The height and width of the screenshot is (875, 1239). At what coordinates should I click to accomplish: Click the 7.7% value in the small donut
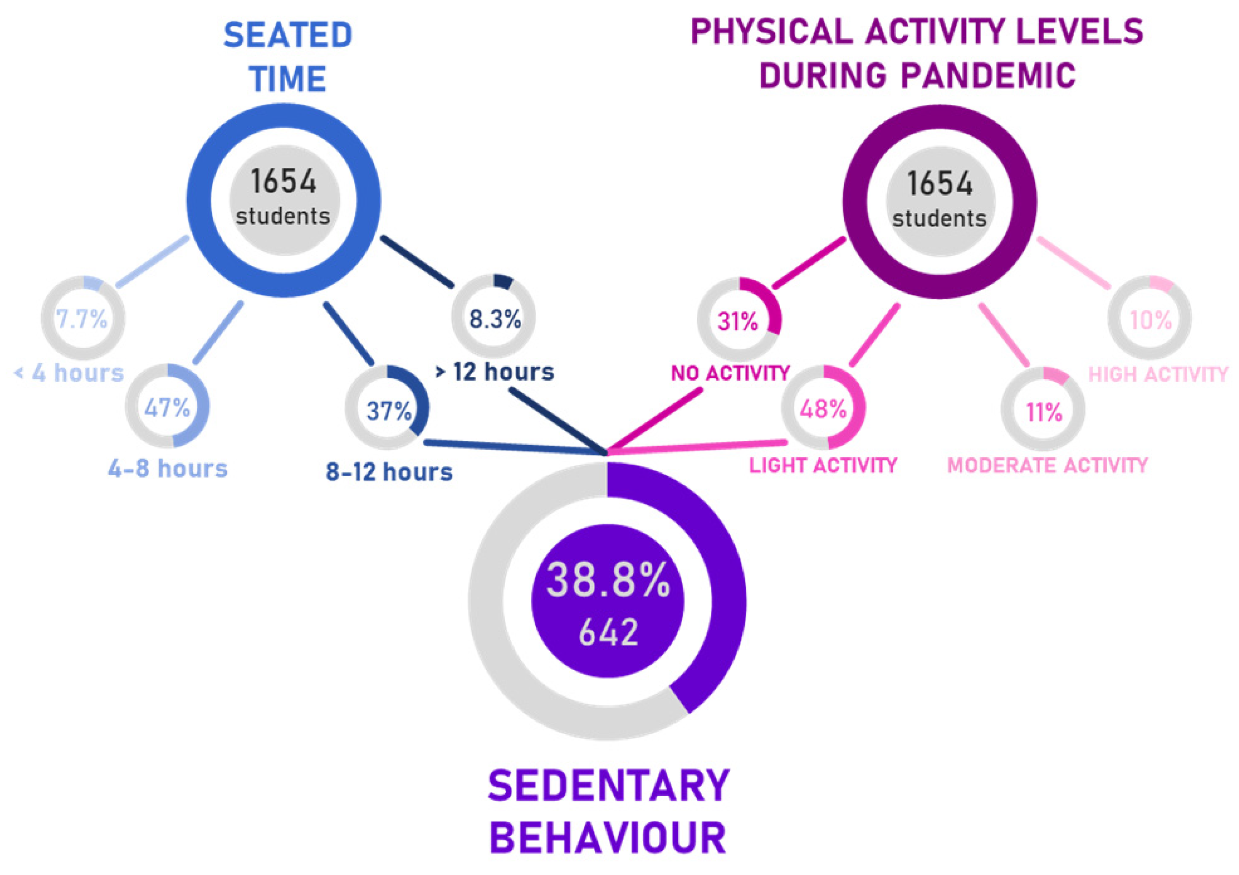click(82, 319)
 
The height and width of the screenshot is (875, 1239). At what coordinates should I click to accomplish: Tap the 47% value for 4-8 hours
click(167, 408)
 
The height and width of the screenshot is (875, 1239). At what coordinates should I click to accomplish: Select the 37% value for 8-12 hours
click(388, 411)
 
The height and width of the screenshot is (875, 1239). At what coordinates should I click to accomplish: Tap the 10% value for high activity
click(1151, 321)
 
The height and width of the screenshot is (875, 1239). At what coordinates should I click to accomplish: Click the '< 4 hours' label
click(69, 373)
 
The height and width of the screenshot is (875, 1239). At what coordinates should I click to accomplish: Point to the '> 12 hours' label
click(494, 372)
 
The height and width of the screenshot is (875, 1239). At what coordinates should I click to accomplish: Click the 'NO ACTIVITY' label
click(730, 373)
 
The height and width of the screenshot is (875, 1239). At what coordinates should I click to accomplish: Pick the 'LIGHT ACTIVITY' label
click(823, 465)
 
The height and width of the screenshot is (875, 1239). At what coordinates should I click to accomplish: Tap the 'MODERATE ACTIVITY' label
click(1047, 465)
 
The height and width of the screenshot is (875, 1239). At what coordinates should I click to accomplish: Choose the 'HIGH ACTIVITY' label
click(1158, 375)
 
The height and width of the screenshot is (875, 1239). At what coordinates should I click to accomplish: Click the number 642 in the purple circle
click(608, 633)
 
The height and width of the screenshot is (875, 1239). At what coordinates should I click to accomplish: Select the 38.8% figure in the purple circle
click(608, 581)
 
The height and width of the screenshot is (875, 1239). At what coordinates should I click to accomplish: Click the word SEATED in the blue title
click(288, 36)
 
